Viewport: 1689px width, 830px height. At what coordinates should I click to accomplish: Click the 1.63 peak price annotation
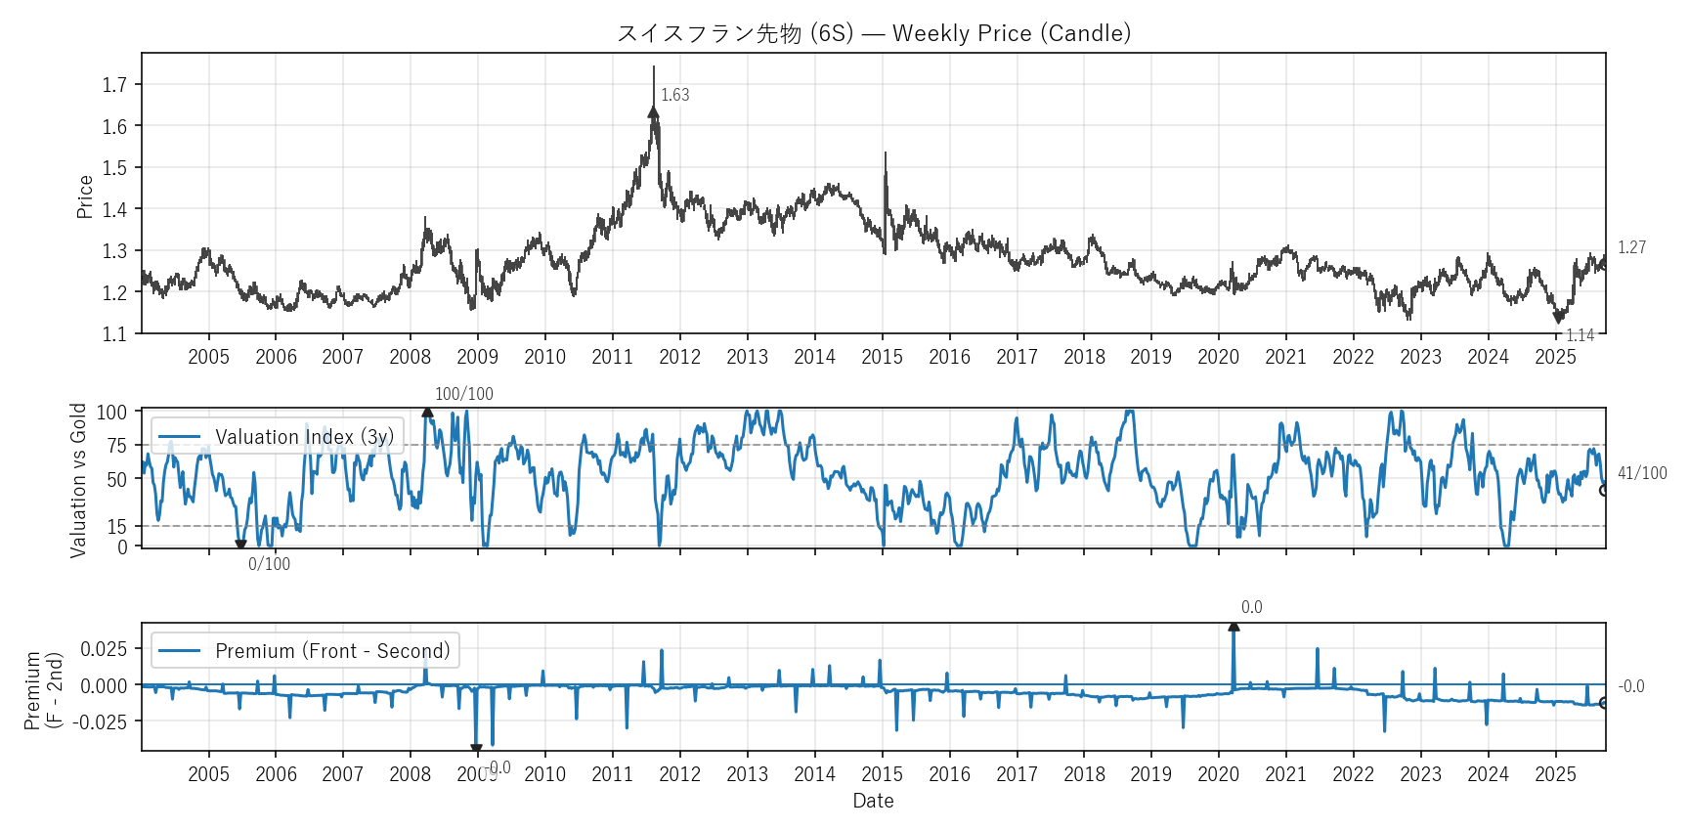(x=674, y=95)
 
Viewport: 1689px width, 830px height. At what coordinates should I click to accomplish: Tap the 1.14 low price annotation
(x=1580, y=335)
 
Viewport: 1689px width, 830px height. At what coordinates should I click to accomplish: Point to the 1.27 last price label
(x=1631, y=247)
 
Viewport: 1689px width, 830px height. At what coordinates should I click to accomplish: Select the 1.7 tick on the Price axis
(x=114, y=85)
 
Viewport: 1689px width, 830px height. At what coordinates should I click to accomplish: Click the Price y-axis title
(x=85, y=197)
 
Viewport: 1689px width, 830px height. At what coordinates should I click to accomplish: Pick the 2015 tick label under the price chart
(x=882, y=357)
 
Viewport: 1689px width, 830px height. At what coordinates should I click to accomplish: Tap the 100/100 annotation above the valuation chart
(x=463, y=394)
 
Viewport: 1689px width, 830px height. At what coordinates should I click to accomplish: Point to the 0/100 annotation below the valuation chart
(x=269, y=564)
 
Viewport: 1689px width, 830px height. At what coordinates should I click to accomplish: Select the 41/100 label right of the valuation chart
(x=1642, y=473)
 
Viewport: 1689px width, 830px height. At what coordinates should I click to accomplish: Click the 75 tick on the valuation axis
(x=117, y=446)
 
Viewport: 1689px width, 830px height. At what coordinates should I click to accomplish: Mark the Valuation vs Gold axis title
(x=78, y=480)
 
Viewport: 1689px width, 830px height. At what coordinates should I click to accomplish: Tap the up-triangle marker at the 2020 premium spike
(x=1234, y=626)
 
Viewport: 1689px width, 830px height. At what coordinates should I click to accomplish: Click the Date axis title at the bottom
(x=873, y=801)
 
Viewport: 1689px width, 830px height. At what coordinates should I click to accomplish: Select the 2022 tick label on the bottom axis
(x=1353, y=774)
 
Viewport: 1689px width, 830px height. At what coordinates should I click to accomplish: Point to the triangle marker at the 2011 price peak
(x=653, y=112)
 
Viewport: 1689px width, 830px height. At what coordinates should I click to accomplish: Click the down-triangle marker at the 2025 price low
(x=1558, y=318)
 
